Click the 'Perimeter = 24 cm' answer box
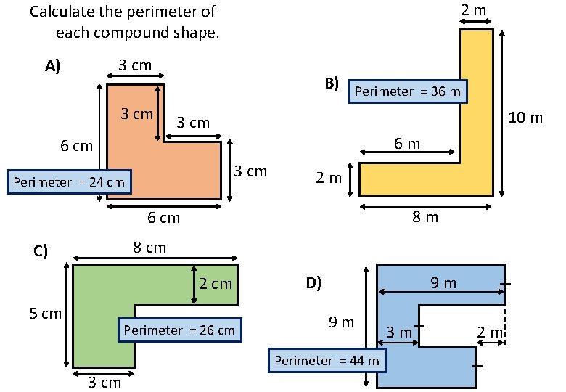click(69, 181)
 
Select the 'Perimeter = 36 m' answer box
click(407, 91)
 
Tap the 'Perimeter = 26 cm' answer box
click(179, 330)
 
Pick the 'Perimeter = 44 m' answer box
click(327, 360)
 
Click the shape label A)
click(52, 67)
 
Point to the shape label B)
click(332, 83)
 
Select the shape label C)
click(41, 252)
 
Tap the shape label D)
click(313, 283)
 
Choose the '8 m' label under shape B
click(426, 216)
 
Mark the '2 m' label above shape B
click(474, 9)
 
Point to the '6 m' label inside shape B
click(407, 143)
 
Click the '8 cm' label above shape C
click(149, 248)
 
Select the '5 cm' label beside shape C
click(46, 314)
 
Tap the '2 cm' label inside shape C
click(216, 284)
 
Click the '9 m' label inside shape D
click(443, 282)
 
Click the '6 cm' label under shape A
click(163, 217)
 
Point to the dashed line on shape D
click(504, 324)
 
